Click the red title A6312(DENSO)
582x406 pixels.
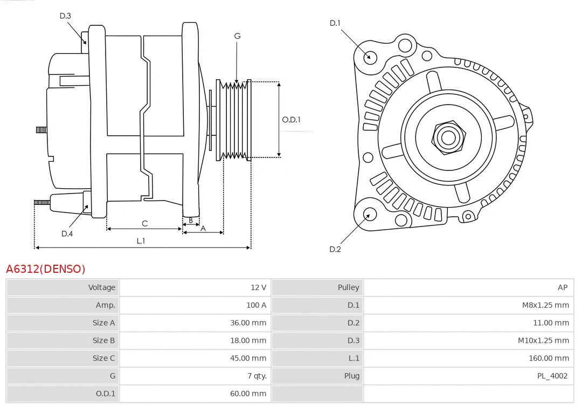(x=46, y=269)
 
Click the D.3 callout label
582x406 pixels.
(x=65, y=16)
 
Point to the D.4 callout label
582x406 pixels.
(x=67, y=233)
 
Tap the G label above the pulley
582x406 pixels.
(x=237, y=36)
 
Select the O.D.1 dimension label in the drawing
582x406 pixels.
(x=291, y=120)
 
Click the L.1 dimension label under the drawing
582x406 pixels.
(x=141, y=241)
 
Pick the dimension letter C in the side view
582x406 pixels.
(x=144, y=223)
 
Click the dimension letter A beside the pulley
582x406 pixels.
(x=203, y=228)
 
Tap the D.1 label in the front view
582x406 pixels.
(x=335, y=23)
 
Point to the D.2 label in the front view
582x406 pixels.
(x=335, y=249)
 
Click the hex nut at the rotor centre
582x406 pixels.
(x=448, y=137)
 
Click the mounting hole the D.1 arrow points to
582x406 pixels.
(x=370, y=56)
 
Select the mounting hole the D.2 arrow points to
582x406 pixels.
(x=369, y=215)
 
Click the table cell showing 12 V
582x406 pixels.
(x=258, y=287)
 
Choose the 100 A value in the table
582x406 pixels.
(x=256, y=305)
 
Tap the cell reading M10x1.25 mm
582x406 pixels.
(x=543, y=340)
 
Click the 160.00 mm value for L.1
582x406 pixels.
(x=549, y=358)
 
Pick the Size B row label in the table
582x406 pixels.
(x=103, y=340)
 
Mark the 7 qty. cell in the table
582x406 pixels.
(x=256, y=376)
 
